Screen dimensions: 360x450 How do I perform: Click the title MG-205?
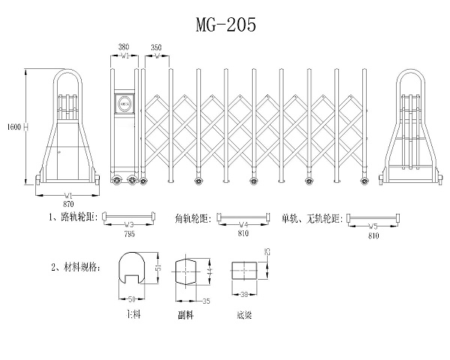[x=226, y=25]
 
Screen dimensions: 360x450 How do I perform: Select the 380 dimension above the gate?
[x=124, y=46]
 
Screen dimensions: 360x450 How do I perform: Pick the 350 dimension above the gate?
[x=156, y=46]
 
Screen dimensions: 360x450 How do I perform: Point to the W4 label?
[x=243, y=224]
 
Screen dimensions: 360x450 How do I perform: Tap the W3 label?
[x=128, y=224]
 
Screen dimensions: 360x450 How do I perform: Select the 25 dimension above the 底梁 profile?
[x=268, y=253]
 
